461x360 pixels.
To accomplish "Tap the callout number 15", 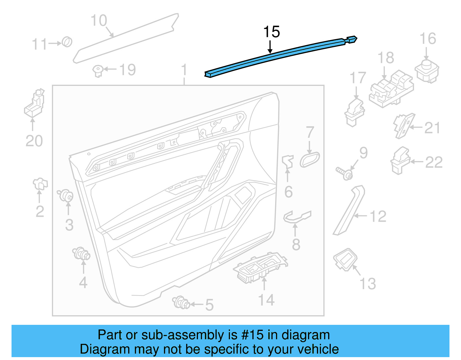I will [271, 32].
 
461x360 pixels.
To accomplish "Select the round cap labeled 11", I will [67, 42].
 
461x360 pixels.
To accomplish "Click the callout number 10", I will [99, 21].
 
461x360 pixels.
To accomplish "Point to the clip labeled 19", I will [98, 70].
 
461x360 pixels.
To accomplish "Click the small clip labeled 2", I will [40, 184].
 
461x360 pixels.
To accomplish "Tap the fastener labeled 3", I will [66, 196].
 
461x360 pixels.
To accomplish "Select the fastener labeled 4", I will [81, 254].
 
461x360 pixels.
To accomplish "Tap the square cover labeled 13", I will [345, 259].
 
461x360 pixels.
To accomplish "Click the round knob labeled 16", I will [427, 70].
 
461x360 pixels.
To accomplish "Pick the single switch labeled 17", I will [355, 112].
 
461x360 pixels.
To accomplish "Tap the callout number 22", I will [434, 163].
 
